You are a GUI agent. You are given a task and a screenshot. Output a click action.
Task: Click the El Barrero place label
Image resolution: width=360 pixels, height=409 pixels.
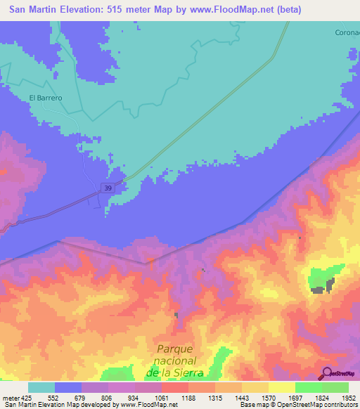[x=46, y=98]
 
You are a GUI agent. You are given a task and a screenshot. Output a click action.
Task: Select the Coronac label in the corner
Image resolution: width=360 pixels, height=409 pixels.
[x=345, y=32]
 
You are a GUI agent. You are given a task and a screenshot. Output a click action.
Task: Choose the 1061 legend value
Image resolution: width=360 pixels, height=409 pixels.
[x=162, y=398]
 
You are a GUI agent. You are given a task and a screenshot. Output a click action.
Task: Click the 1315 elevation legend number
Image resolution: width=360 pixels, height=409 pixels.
[x=214, y=398]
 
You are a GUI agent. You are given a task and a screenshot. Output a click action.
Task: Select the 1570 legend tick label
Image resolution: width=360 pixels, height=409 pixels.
[x=268, y=398]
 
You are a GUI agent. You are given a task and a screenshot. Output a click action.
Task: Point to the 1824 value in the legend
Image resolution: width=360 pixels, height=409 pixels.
[x=321, y=398]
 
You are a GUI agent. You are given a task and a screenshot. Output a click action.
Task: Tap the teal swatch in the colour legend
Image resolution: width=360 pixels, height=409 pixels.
[x=41, y=387]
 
